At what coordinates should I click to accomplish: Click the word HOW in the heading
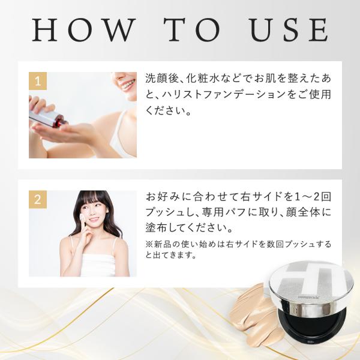tap(83, 30)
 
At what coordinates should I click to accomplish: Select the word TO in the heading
tap(192, 30)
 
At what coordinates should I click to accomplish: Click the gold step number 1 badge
tap(38, 81)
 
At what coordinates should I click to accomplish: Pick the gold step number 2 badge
tap(38, 199)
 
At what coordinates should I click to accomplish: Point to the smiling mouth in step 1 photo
tap(126, 86)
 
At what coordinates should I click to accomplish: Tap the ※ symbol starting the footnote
tap(149, 244)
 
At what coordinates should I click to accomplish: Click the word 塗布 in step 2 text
tap(154, 227)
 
